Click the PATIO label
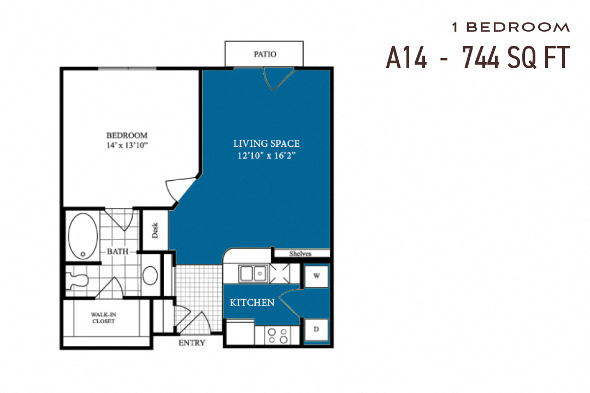(265, 54)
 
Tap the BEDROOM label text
(127, 135)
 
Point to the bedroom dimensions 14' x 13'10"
(127, 145)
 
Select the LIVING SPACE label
(266, 144)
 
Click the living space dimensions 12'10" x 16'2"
(266, 155)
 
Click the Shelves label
(300, 254)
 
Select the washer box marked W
(316, 276)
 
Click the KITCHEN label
(252, 302)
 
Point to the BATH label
(117, 252)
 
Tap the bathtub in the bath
(83, 236)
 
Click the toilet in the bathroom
(78, 280)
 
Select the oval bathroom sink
(150, 276)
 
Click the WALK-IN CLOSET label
(103, 318)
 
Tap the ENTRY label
(192, 343)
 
